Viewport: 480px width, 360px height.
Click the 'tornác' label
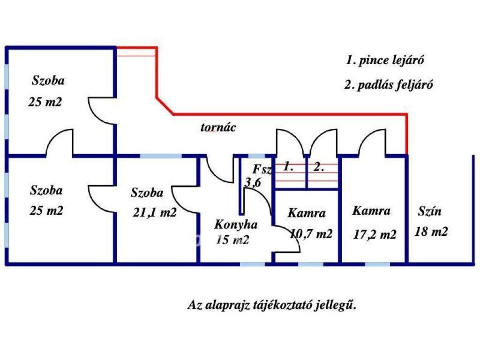coord(218,127)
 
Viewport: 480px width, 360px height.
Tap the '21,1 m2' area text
coord(154,212)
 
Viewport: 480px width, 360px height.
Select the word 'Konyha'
coord(236,225)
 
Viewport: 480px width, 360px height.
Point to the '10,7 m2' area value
coord(311,233)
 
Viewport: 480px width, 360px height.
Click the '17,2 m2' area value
coord(375,234)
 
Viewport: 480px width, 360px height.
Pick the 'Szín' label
coord(429,211)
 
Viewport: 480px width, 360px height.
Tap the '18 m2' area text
coord(431,231)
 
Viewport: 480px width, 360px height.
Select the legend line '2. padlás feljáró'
coord(388,85)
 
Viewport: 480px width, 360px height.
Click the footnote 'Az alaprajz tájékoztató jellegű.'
coord(272,305)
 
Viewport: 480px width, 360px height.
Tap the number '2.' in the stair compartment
coord(319,166)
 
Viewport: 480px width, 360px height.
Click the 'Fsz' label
coord(262,169)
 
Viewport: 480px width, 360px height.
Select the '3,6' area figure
coord(253,183)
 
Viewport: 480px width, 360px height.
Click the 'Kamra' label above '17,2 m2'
coord(371,211)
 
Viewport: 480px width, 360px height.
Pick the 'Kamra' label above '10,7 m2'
coord(307,213)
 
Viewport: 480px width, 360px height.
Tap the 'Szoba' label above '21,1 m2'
coord(147,192)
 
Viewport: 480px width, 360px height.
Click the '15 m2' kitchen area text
coord(232,240)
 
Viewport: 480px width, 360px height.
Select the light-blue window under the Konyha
coord(253,264)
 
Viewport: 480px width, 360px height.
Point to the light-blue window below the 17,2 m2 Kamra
coord(377,264)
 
